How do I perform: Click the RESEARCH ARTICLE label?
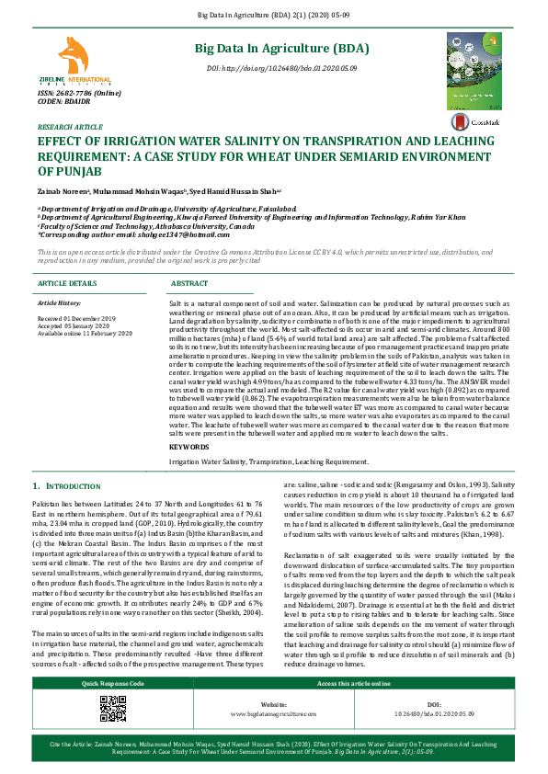click(70, 127)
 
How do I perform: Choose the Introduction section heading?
click(67, 484)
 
